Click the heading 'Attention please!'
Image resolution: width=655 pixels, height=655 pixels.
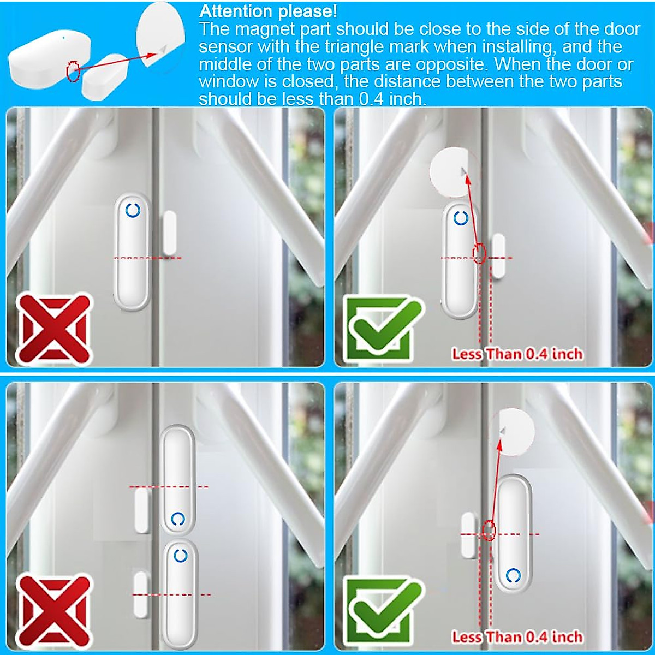[x=268, y=11]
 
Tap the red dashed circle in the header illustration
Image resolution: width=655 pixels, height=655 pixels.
[x=73, y=70]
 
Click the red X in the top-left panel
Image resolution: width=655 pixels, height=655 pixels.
[x=53, y=329]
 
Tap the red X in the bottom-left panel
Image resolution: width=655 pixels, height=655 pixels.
[x=53, y=610]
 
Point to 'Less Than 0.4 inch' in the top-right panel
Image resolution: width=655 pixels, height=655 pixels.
[x=517, y=354]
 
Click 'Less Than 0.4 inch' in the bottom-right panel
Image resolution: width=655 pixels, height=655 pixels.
[x=517, y=636]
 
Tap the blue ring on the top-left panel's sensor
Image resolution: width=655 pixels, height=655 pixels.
[x=133, y=211]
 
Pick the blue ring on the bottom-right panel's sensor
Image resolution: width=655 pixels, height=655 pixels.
[x=513, y=575]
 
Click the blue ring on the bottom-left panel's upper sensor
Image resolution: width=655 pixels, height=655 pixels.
[x=177, y=519]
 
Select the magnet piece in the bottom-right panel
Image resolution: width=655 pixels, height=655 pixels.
[x=468, y=535]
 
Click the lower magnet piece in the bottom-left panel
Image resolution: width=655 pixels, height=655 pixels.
[x=141, y=594]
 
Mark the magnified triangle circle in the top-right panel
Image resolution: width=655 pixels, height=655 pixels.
[x=452, y=173]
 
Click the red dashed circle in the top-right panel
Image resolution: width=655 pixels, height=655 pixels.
[x=479, y=253]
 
